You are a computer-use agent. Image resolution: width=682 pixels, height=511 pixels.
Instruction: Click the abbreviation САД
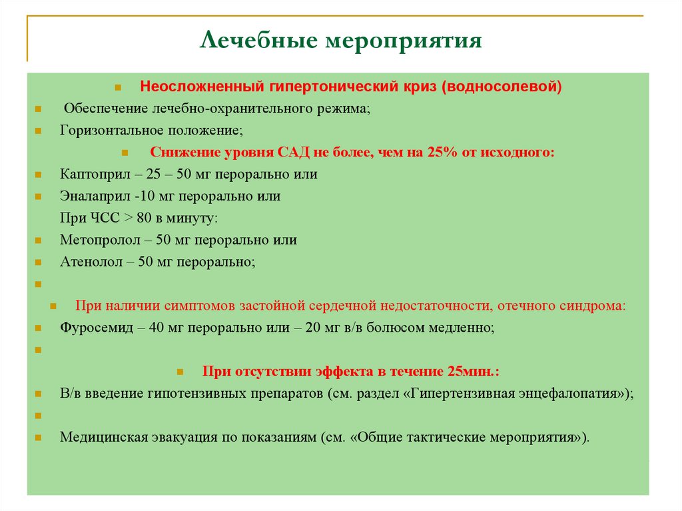pos(290,153)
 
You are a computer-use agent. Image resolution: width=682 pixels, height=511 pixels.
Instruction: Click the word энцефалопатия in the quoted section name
pos(572,393)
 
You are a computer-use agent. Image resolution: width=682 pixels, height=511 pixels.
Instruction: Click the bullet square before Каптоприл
pos(39,175)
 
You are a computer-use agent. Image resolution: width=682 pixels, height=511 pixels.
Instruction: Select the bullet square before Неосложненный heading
pos(118,88)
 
